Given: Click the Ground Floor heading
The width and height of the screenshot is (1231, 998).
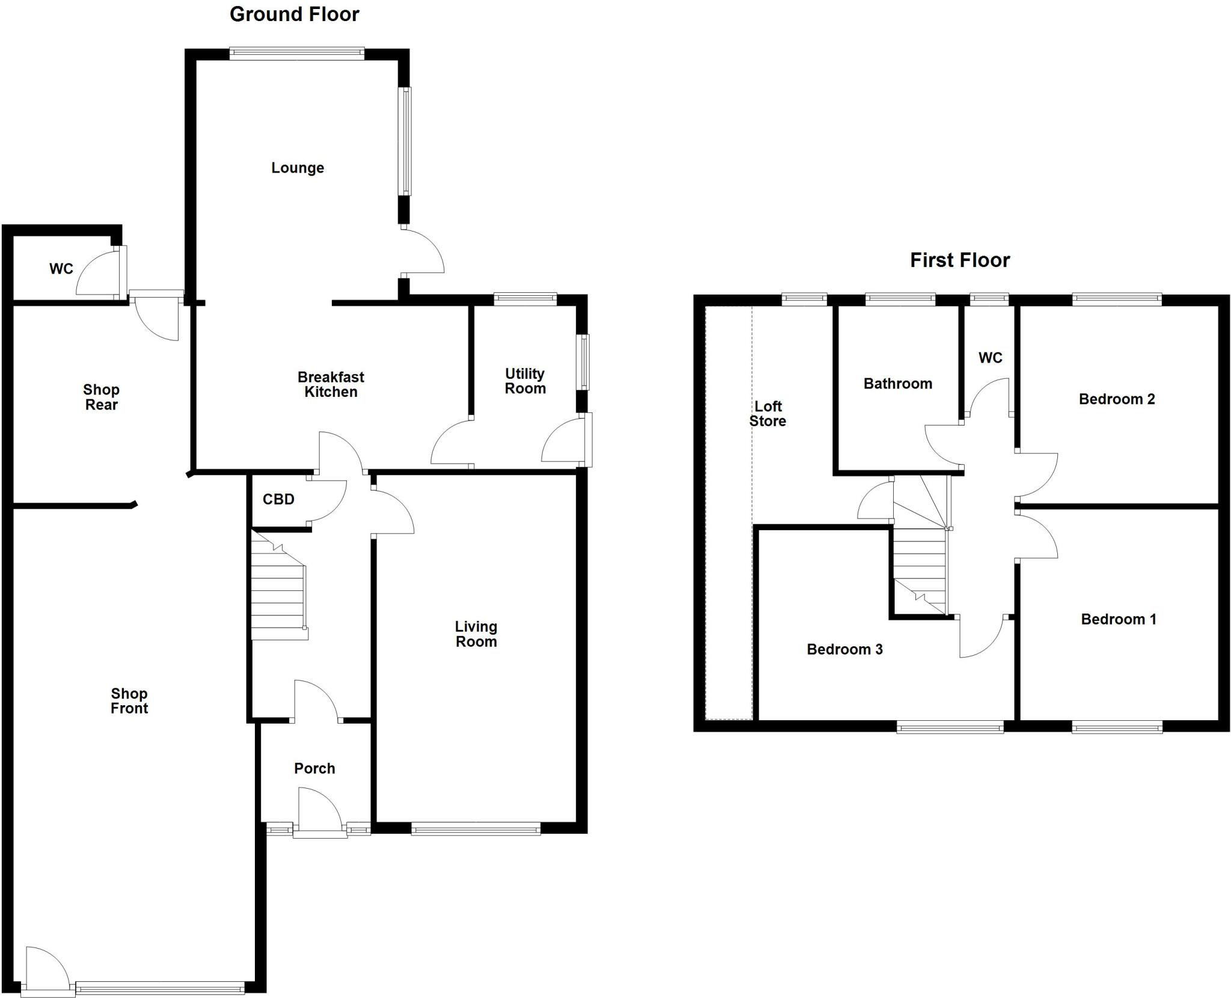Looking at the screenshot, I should [x=294, y=14].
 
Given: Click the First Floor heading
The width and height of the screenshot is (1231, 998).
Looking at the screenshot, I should [x=959, y=260].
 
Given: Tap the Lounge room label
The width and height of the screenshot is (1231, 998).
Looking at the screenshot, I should [x=298, y=168].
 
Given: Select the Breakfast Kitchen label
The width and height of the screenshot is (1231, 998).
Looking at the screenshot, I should [x=331, y=384].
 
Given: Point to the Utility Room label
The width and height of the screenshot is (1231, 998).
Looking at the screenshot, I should [x=525, y=381].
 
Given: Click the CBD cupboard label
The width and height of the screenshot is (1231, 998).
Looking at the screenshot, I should [x=278, y=499].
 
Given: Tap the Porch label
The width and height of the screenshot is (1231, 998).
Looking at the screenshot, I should [x=314, y=768].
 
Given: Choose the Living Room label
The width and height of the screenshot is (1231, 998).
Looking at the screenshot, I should [x=475, y=634].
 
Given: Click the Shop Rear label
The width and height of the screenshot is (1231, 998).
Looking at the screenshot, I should [x=101, y=397].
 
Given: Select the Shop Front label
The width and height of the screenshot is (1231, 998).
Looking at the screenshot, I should [x=129, y=701].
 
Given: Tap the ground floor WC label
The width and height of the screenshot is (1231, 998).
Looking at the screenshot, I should [x=61, y=269].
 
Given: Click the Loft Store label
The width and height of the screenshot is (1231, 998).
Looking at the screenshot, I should [x=768, y=414].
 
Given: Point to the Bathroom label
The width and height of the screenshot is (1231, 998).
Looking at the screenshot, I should [x=897, y=384].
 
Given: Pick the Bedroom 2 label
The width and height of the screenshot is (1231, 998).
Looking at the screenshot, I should [x=1116, y=399].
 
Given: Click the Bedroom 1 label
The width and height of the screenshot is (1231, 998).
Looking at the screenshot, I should [x=1118, y=619].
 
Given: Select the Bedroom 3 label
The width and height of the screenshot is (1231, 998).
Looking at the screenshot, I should [x=844, y=649].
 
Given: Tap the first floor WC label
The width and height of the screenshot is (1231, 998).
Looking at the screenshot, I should [x=990, y=358].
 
